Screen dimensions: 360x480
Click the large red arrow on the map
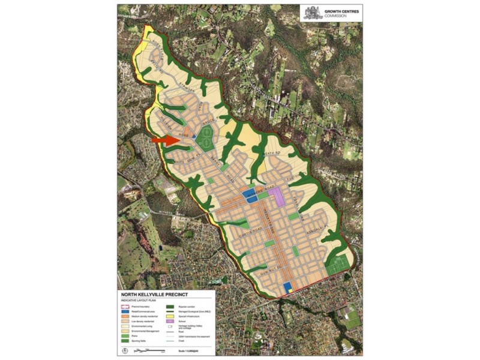(x=165, y=140)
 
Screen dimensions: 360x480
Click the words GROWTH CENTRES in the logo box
(x=339, y=11)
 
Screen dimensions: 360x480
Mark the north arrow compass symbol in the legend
(x=125, y=350)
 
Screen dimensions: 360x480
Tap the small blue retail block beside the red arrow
(x=194, y=137)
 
